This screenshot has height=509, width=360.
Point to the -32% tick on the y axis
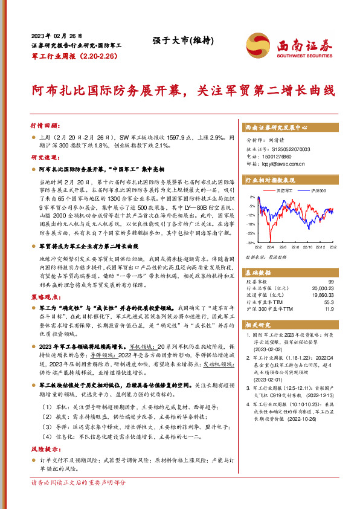click(251, 242)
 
